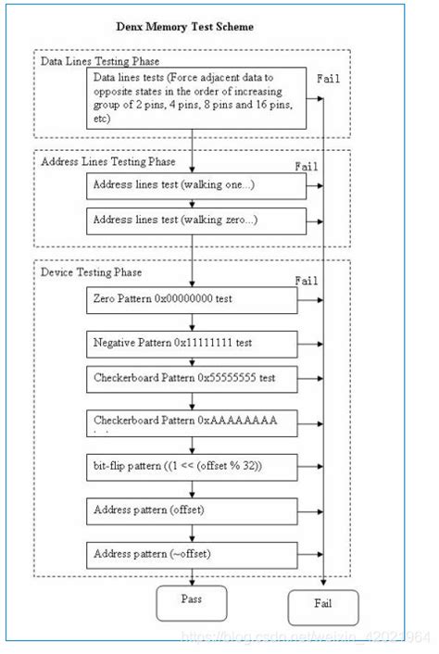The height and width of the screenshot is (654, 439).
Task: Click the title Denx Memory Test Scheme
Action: tap(184, 27)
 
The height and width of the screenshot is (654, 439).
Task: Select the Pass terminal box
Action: tap(191, 602)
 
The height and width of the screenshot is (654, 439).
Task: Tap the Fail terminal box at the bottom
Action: tap(322, 607)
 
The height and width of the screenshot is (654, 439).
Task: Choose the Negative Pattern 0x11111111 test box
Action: tap(193, 342)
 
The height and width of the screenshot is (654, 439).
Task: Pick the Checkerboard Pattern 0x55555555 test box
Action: tap(193, 379)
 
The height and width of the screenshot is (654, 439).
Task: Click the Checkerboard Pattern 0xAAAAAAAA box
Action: tap(193, 422)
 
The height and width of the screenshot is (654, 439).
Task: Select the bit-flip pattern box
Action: tap(193, 465)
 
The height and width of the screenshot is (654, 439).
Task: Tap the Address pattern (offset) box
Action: tap(193, 510)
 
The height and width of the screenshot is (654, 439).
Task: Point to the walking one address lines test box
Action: tap(197, 185)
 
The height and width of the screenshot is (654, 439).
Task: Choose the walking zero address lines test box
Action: tap(197, 220)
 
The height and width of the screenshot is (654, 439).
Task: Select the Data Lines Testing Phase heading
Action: tap(100, 61)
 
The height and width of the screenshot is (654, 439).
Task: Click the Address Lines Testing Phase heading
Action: tap(107, 161)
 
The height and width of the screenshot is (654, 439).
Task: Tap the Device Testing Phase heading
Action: tap(90, 273)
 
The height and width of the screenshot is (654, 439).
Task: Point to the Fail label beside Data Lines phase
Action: tap(329, 79)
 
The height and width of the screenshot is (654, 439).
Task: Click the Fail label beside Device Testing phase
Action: tap(307, 280)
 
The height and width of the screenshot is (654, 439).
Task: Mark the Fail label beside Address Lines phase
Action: tap(307, 167)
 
